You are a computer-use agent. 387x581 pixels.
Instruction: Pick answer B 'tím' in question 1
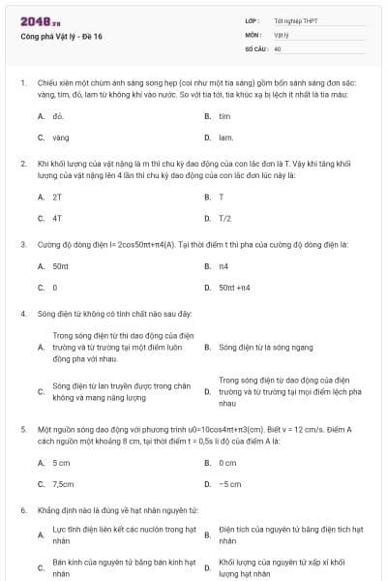224,115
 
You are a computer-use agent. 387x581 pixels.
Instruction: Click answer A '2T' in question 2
57,197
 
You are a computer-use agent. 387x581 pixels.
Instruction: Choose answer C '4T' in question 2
57,218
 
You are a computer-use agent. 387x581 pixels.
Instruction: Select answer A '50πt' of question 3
60,265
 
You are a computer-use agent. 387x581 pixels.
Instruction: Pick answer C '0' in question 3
55,288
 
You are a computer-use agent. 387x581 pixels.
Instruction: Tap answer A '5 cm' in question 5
61,462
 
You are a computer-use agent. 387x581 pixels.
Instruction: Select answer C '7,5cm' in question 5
63,483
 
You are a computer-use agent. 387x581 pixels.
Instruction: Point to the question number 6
22,509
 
